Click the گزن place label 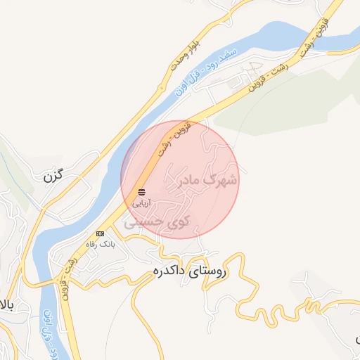[58, 176]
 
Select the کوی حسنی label [159, 222]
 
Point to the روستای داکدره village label [188, 271]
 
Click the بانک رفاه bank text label [99, 243]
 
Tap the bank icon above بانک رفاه [100, 233]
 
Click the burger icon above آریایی [142, 191]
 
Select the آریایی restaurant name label [142, 202]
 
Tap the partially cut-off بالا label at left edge [6, 305]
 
